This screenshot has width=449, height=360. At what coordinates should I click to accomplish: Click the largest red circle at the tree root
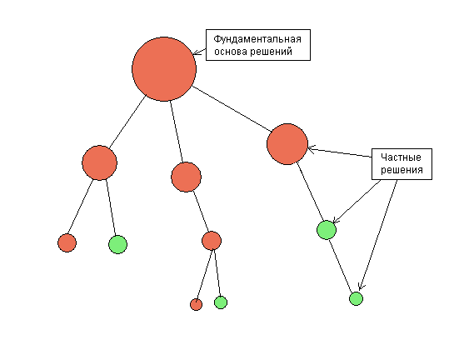[x=164, y=69]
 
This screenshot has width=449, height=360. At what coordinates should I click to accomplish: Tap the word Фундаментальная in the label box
[x=257, y=39]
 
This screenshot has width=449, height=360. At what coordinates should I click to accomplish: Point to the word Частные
[x=401, y=157]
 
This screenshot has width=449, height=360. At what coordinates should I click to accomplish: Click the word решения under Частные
[x=402, y=170]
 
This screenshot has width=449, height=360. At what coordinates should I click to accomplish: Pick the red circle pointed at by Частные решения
[x=287, y=144]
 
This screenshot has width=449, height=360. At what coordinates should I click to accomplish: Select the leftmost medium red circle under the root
[x=99, y=162]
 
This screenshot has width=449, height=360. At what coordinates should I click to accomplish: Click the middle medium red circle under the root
[x=186, y=177]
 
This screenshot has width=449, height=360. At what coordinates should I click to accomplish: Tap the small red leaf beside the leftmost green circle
[x=67, y=242]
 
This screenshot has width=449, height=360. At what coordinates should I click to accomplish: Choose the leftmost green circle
[x=117, y=244]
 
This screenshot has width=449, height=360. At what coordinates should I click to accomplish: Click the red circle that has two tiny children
[x=212, y=241]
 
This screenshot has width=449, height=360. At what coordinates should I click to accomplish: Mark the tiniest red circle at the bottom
[x=196, y=304]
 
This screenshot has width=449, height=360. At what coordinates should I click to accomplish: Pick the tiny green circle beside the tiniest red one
[x=221, y=302]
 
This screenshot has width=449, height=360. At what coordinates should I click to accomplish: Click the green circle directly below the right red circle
[x=327, y=230]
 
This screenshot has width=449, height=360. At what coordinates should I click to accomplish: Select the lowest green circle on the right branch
[x=356, y=298]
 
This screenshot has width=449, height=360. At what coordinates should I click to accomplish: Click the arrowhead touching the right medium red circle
[x=312, y=149]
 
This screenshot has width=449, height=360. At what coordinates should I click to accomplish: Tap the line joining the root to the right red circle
[x=232, y=109]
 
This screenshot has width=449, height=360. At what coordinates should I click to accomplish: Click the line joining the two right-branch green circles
[x=340, y=266]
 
